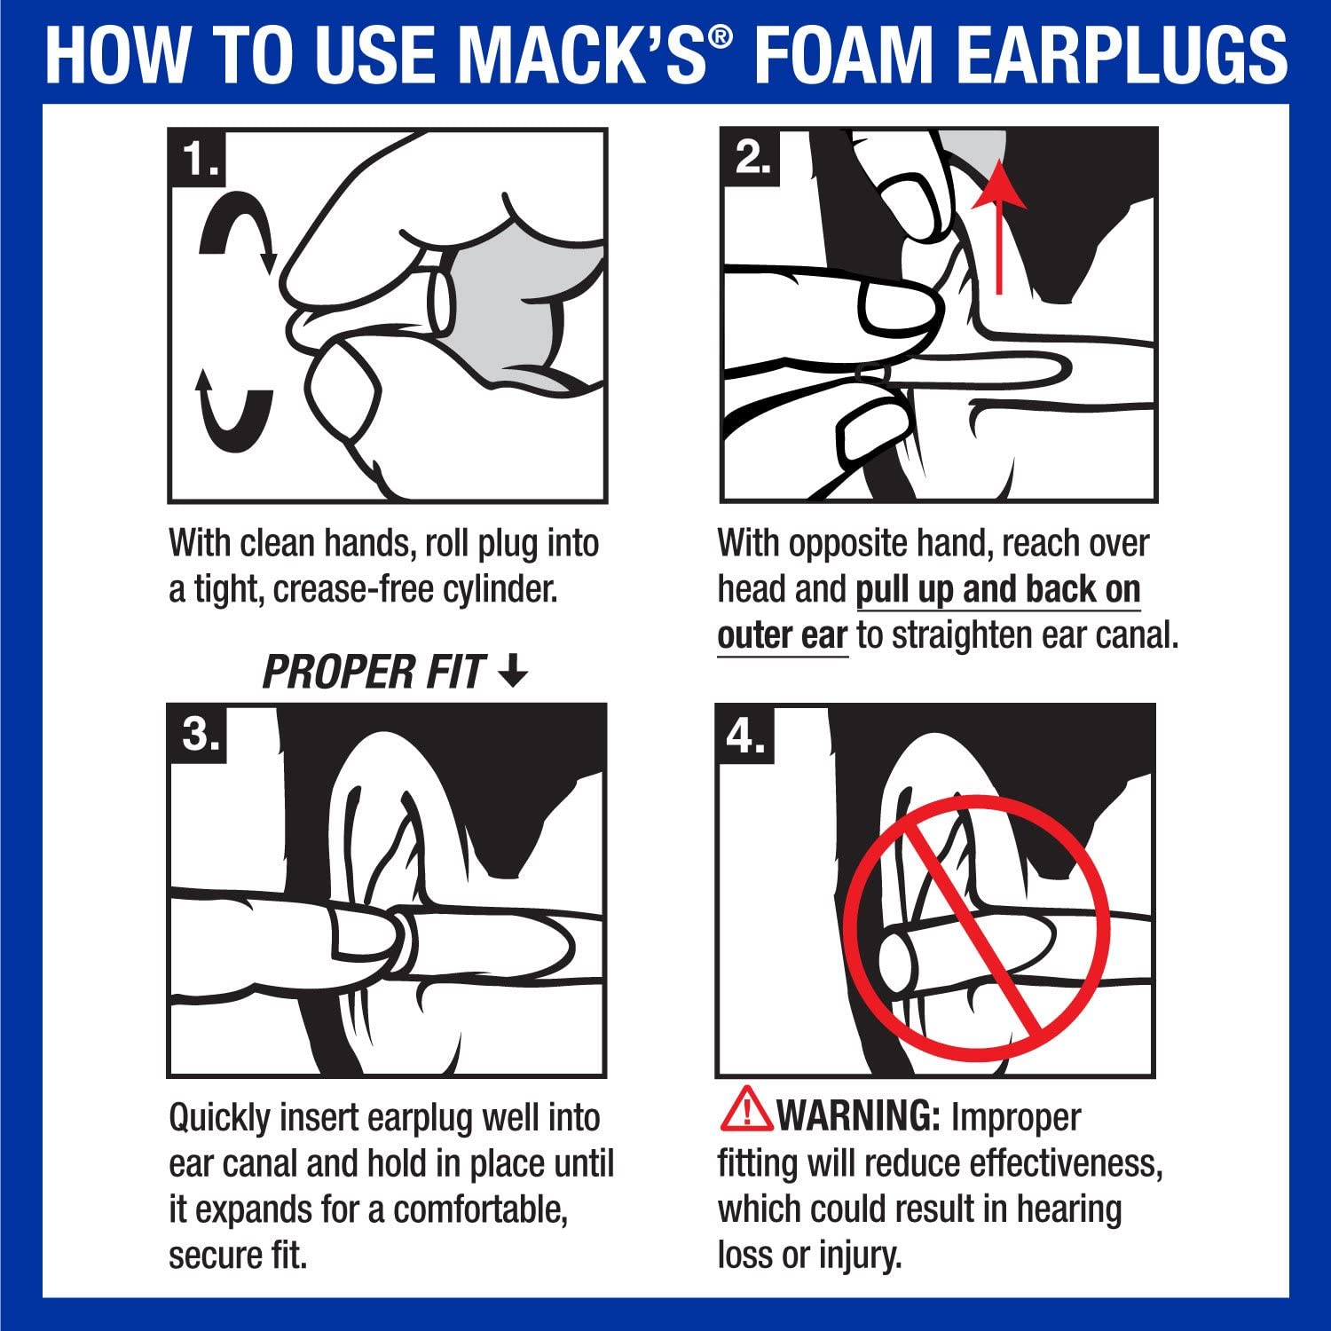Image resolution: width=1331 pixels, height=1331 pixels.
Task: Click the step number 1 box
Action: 198,160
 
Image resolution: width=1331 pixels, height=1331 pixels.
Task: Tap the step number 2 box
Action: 751,158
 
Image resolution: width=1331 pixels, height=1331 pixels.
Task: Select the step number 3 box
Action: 199,734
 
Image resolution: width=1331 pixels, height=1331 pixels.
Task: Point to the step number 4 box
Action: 745,735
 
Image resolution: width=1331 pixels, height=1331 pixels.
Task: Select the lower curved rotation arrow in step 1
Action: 232,413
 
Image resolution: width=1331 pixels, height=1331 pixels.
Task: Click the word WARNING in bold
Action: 857,1116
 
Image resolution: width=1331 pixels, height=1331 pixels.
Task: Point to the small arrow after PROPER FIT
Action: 513,673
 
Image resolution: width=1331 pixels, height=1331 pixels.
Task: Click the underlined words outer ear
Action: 782,635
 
